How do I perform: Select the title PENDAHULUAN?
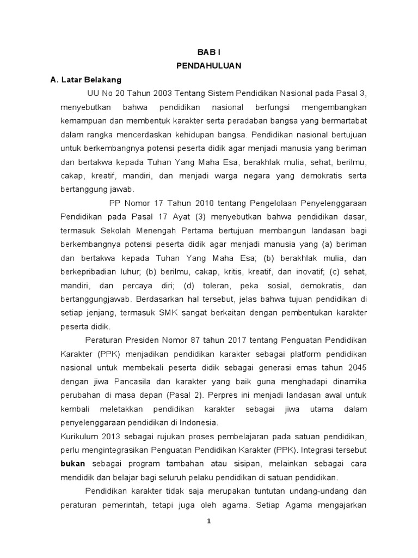coord(209,66)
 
